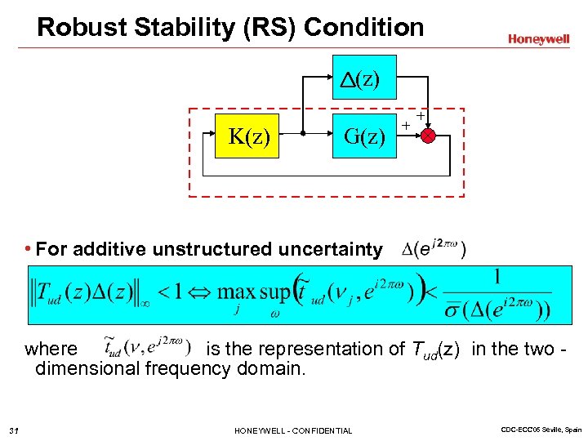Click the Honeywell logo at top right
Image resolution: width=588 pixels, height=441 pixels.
coord(538,38)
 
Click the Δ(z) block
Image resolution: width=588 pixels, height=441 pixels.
coord(364,78)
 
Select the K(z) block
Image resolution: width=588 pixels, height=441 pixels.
coord(249,135)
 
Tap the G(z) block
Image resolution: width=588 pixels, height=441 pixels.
coord(364,135)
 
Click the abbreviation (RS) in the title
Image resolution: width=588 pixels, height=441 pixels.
coord(273,27)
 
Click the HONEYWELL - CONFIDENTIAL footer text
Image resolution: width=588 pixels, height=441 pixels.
coord(293,430)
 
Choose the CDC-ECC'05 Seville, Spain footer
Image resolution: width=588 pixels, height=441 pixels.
coord(538,430)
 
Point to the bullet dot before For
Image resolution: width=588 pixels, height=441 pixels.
coord(29,248)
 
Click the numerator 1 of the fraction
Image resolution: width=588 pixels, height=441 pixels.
coord(497,276)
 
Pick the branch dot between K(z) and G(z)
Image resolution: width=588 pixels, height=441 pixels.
coord(302,136)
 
